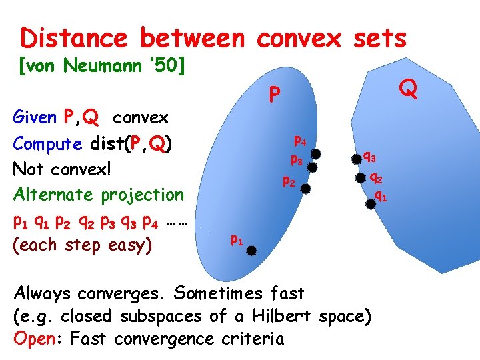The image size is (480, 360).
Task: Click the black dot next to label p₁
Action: pyautogui.click(x=253, y=250)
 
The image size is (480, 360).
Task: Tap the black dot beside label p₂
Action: pyautogui.click(x=305, y=188)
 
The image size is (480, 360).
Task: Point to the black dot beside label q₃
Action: pyautogui.click(x=353, y=159)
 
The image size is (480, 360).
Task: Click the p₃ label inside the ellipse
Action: pyautogui.click(x=297, y=161)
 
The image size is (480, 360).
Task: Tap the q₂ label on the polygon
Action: pyautogui.click(x=376, y=178)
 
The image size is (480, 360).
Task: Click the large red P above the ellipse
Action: pyautogui.click(x=273, y=97)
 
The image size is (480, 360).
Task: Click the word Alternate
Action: pyautogui.click(x=54, y=195)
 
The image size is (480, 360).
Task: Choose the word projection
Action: pyautogui.click(x=142, y=195)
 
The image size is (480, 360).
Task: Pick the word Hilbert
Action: pyautogui.click(x=283, y=316)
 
